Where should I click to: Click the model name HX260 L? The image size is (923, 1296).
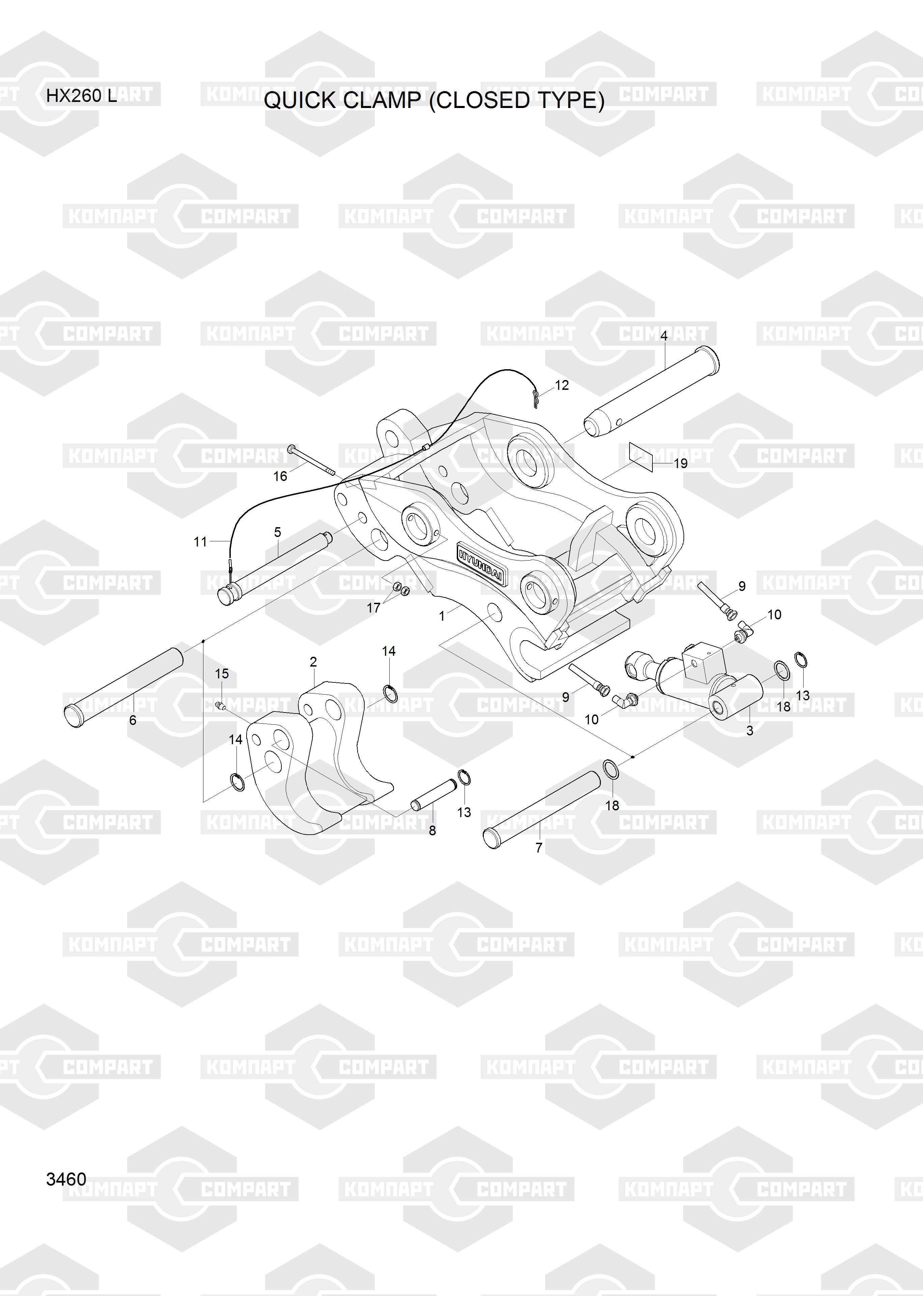[x=81, y=96]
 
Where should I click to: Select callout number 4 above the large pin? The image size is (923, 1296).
[x=664, y=336]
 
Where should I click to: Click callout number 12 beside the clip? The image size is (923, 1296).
[x=562, y=385]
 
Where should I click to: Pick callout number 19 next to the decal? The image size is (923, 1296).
[x=680, y=463]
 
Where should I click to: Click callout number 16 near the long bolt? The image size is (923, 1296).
[x=280, y=476]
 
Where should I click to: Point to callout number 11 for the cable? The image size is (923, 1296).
[x=200, y=542]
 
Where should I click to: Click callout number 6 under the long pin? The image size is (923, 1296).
[x=133, y=720]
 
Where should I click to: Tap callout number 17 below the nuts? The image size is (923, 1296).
[x=373, y=607]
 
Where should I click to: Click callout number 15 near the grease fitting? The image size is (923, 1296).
[x=222, y=674]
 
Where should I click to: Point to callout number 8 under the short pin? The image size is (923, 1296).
[x=432, y=831]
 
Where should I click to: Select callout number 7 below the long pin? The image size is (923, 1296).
[x=539, y=847]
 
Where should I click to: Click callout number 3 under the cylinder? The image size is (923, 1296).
[x=750, y=730]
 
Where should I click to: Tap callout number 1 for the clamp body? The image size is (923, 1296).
[x=442, y=616]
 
